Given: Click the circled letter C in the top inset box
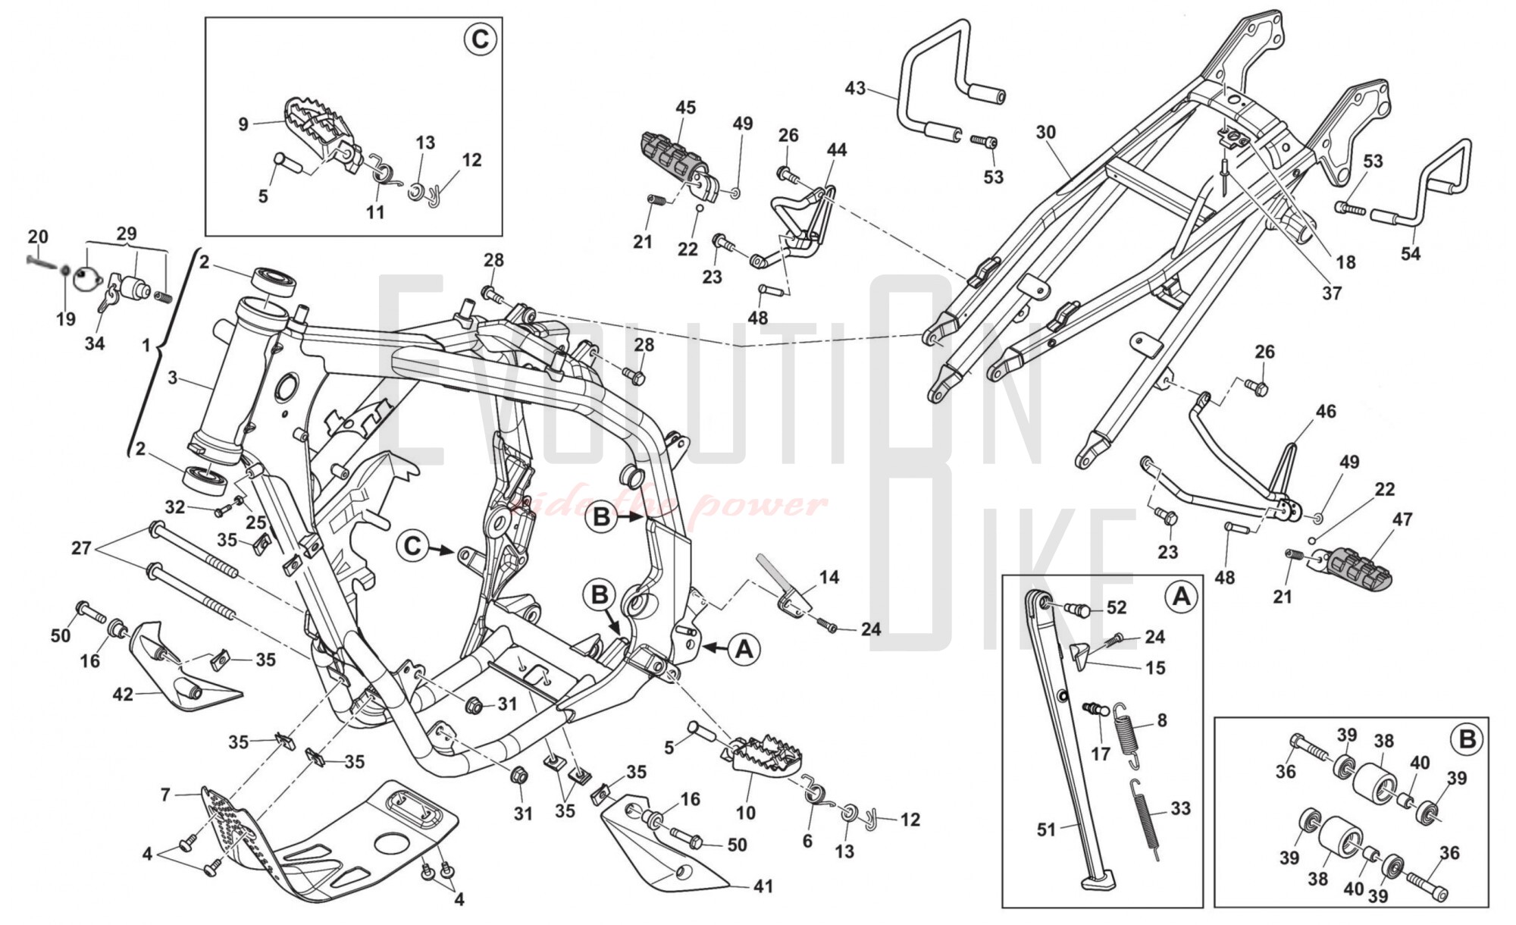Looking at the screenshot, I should (x=480, y=39).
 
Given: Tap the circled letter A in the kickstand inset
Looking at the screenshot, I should (x=1181, y=597).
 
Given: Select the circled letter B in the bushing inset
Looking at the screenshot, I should (x=1467, y=738).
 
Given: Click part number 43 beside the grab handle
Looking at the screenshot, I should (x=855, y=89).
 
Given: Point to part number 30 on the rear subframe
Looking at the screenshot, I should (x=1046, y=132).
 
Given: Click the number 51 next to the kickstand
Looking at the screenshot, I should (x=1046, y=829).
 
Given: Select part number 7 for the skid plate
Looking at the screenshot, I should (x=165, y=795).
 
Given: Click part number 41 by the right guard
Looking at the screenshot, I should (x=764, y=885).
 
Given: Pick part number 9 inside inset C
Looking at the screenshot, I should (x=243, y=124).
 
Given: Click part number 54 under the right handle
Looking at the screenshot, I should (x=1411, y=253).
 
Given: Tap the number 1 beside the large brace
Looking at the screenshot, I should (x=146, y=346).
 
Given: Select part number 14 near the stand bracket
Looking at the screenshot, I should (x=829, y=578).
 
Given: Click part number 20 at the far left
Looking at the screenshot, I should (x=38, y=237).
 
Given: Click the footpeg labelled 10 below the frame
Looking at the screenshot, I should (x=758, y=754).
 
